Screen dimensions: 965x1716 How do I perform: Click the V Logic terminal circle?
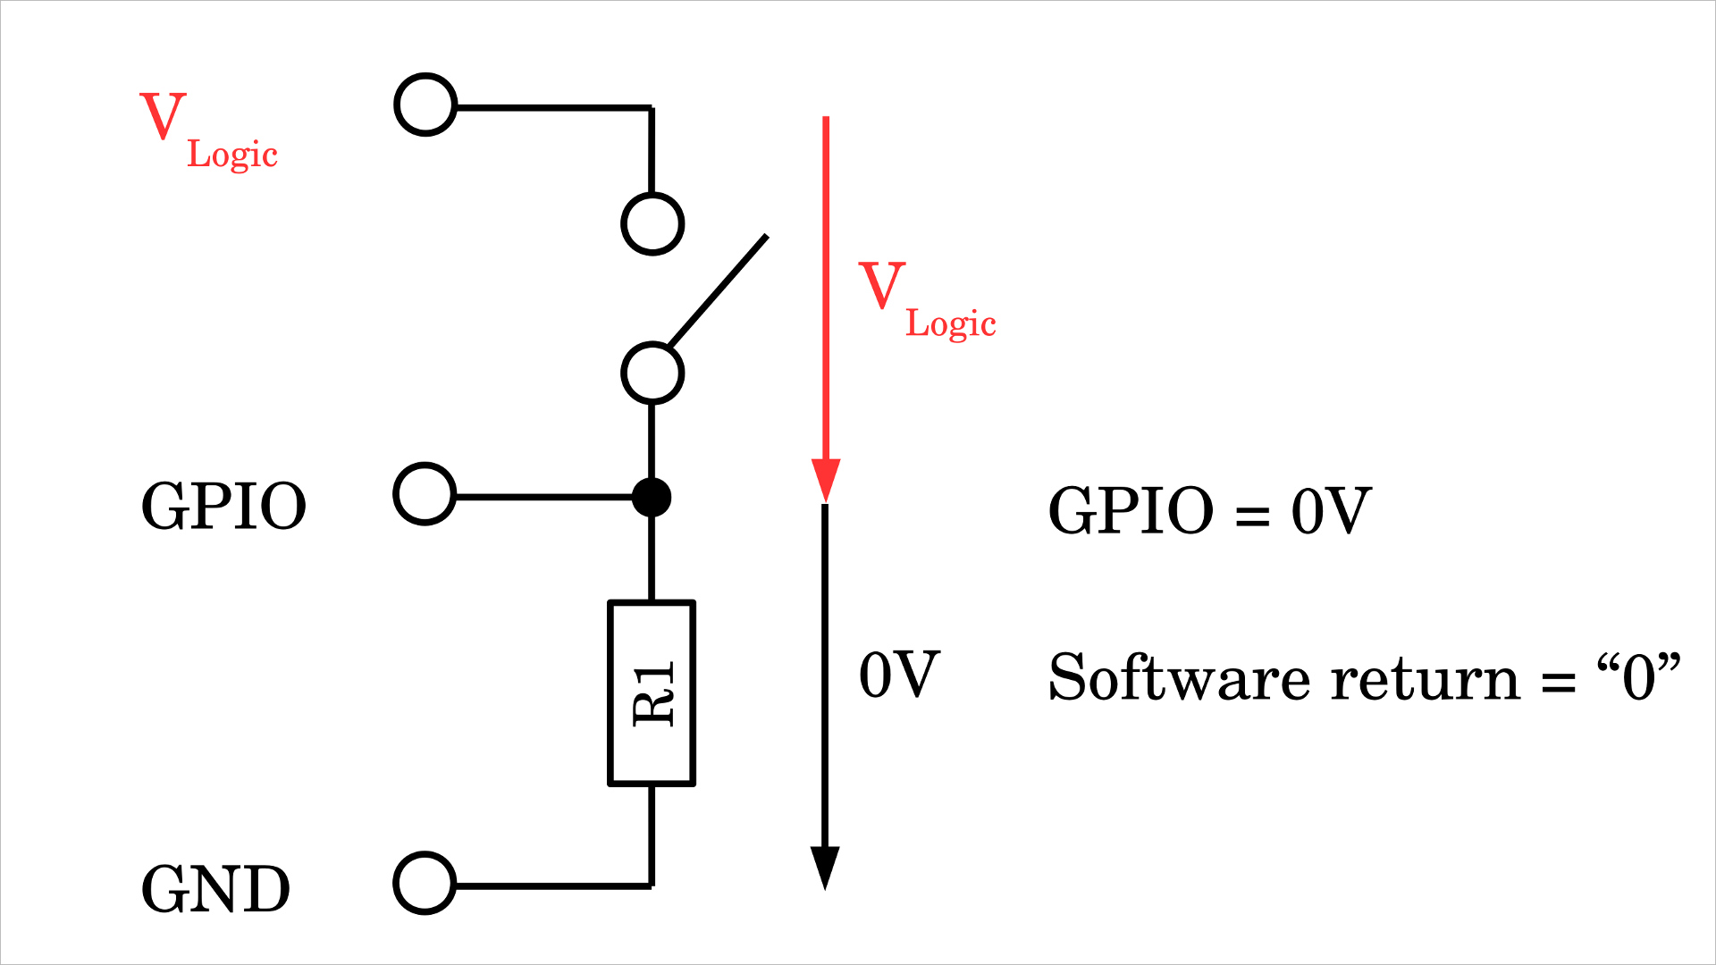[x=425, y=105]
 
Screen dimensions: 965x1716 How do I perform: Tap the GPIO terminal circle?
[x=425, y=494]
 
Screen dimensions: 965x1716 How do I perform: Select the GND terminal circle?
[x=425, y=884]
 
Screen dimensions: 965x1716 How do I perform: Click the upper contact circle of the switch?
[x=652, y=223]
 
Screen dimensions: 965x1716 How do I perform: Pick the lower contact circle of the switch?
[x=652, y=373]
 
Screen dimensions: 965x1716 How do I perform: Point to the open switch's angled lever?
[x=718, y=290]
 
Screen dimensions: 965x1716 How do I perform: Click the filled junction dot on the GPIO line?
[x=652, y=497]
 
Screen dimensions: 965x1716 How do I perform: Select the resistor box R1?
[x=652, y=693]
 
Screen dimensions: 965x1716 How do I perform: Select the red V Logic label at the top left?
[x=208, y=130]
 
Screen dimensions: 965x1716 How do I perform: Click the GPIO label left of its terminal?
[x=223, y=507]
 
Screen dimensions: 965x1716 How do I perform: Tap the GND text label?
[x=215, y=889]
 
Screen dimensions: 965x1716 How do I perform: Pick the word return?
[x=1426, y=679]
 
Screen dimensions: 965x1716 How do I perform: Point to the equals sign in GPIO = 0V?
[x=1252, y=515]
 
